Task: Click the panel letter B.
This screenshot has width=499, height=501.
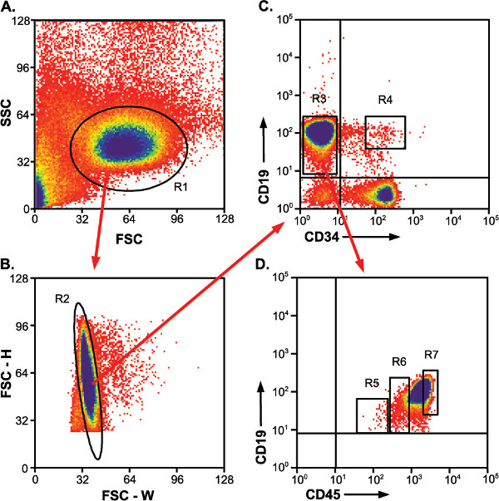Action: click(8, 267)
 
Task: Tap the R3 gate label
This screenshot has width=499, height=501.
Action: click(319, 101)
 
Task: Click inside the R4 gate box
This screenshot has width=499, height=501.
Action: click(384, 132)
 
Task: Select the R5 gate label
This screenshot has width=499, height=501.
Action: click(371, 384)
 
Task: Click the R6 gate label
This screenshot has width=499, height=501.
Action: click(398, 361)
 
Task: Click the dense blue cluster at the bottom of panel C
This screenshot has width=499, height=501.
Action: click(384, 194)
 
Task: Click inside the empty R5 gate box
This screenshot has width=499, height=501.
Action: click(372, 415)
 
